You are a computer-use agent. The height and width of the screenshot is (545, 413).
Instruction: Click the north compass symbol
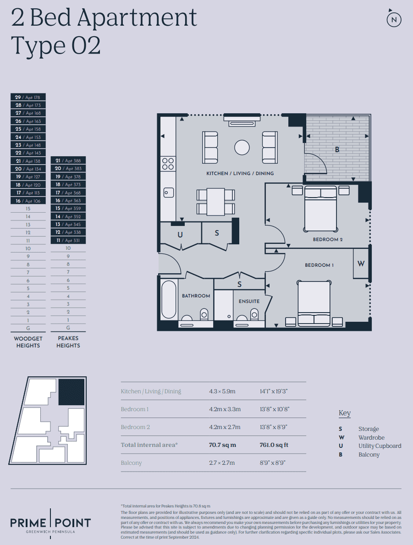(x=394, y=19)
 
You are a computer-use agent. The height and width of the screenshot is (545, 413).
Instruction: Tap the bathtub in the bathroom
(x=169, y=300)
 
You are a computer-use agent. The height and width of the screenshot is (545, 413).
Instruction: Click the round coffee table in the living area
(x=242, y=148)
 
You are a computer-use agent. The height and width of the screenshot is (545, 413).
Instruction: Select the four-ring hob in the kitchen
(x=168, y=164)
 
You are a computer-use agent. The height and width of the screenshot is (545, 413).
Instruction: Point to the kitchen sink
(x=169, y=193)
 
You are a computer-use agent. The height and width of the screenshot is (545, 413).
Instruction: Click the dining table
(x=215, y=202)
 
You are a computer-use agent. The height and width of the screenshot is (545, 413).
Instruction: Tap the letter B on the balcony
(x=337, y=150)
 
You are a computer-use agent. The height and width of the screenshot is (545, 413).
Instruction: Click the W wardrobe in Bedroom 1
(x=361, y=264)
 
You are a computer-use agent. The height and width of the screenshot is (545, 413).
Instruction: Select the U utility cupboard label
(x=180, y=235)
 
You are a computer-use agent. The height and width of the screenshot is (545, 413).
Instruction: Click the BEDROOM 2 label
(x=327, y=239)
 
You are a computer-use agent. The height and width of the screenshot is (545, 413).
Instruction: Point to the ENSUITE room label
(x=249, y=301)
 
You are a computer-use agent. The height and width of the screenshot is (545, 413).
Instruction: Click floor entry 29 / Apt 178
(x=28, y=97)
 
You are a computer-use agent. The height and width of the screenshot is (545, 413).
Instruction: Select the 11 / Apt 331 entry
(x=68, y=240)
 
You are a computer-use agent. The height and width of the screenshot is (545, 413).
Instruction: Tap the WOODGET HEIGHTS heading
(x=28, y=342)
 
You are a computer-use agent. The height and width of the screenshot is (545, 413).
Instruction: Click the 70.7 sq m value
(x=222, y=445)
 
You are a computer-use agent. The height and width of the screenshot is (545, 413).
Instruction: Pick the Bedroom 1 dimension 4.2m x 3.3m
(x=225, y=409)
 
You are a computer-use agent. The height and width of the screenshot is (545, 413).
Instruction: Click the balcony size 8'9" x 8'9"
(x=273, y=463)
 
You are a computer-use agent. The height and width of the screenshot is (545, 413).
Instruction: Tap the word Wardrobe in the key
(x=371, y=438)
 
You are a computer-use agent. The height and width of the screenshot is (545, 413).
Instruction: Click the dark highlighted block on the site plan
(x=71, y=392)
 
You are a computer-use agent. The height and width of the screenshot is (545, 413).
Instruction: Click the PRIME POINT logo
(x=50, y=523)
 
